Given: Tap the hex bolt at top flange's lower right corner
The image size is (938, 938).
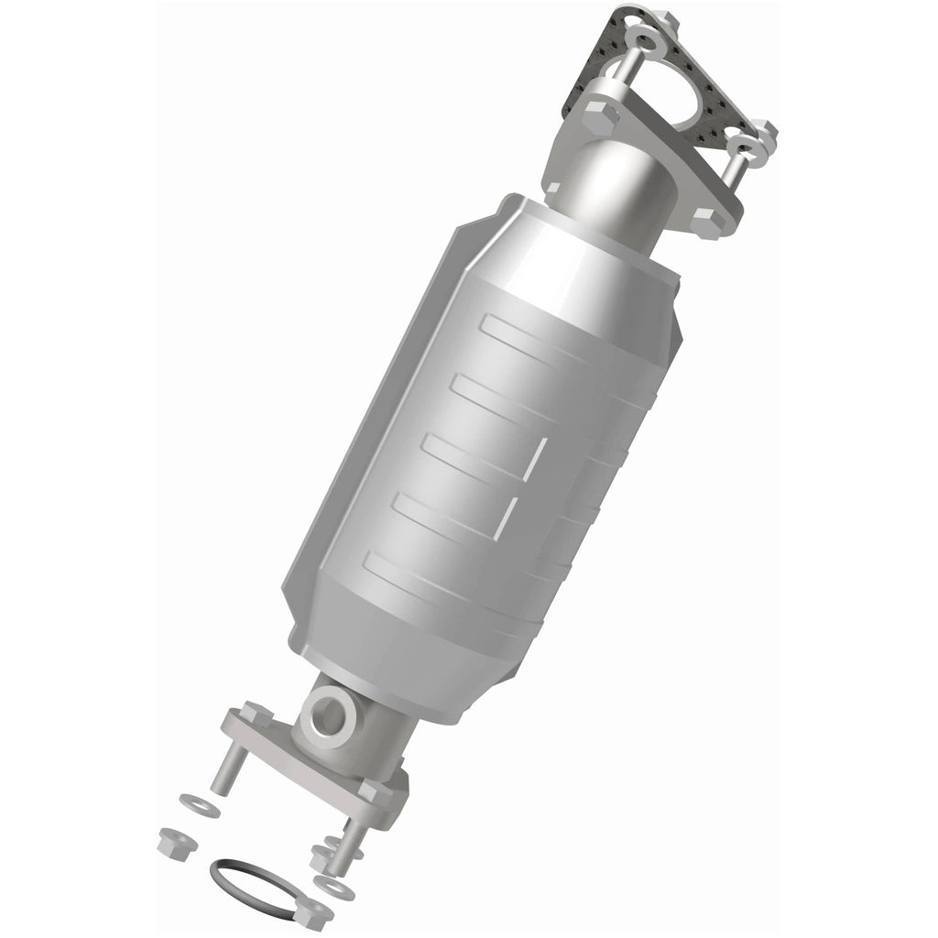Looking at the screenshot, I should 704,217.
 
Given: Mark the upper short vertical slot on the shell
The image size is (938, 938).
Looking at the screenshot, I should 541,459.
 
